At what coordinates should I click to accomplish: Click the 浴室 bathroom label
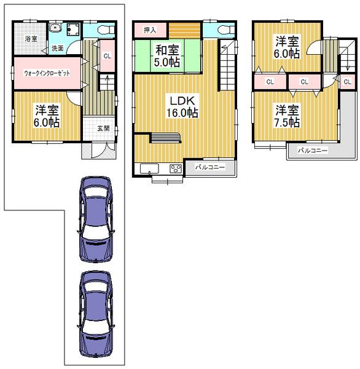(x=30, y=39)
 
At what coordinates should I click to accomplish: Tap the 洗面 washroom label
(x=57, y=48)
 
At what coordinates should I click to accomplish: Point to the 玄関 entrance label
(x=103, y=129)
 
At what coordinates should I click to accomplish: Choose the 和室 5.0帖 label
(x=167, y=56)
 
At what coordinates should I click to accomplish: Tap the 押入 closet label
(x=150, y=30)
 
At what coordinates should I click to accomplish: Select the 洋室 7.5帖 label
(x=287, y=116)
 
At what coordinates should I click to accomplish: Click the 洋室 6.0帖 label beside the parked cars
(x=47, y=116)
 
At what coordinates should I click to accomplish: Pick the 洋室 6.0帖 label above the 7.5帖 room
(x=287, y=47)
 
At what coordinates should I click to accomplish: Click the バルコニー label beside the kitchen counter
(x=210, y=167)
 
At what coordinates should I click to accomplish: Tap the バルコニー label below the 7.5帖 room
(x=312, y=150)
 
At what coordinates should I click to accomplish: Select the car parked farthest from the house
(x=96, y=314)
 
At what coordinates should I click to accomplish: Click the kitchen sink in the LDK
(x=149, y=168)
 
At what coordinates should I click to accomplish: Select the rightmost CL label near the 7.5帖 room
(x=347, y=81)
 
